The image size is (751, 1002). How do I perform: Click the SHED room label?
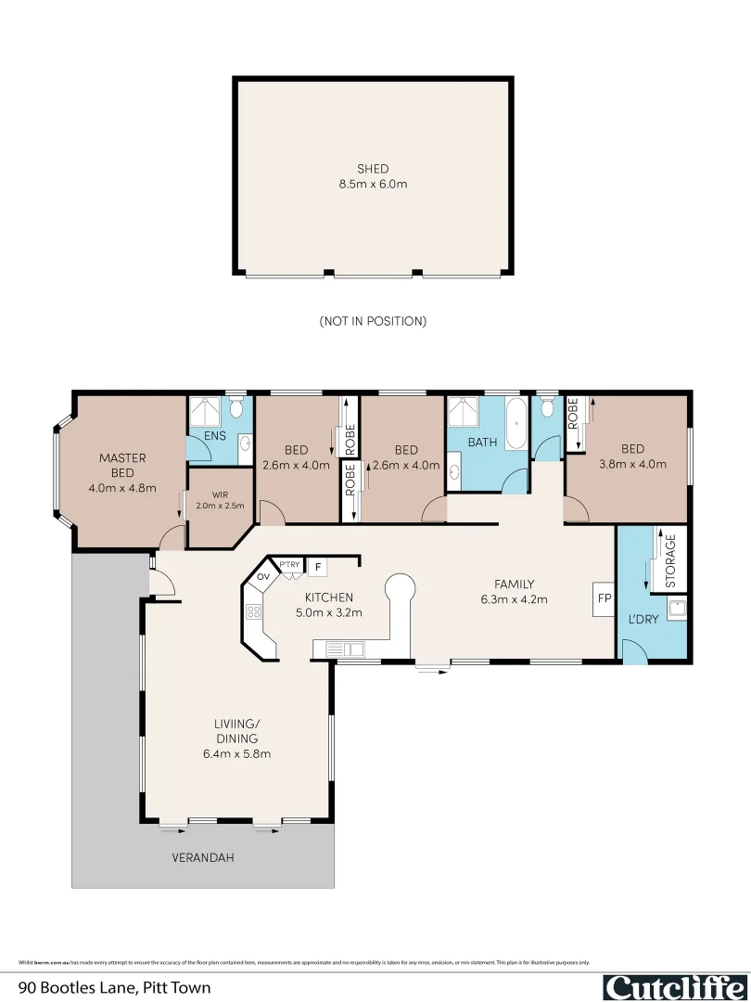click(x=373, y=169)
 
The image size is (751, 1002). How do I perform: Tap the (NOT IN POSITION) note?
click(x=373, y=321)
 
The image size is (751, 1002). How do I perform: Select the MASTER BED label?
click(x=122, y=465)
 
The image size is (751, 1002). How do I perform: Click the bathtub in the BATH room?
click(x=516, y=424)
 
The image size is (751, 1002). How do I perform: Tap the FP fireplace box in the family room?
click(x=603, y=598)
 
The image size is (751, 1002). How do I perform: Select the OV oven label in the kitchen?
click(x=262, y=577)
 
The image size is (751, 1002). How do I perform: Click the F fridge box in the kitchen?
click(x=317, y=566)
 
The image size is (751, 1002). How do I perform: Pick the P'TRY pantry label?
click(x=290, y=564)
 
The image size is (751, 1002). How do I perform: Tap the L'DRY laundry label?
click(x=643, y=618)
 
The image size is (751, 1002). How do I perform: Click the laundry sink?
click(x=678, y=610)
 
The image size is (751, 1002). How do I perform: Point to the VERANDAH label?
click(x=202, y=858)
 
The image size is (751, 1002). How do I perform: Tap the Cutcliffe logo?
click(x=674, y=987)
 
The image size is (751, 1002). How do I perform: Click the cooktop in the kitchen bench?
click(x=253, y=610)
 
